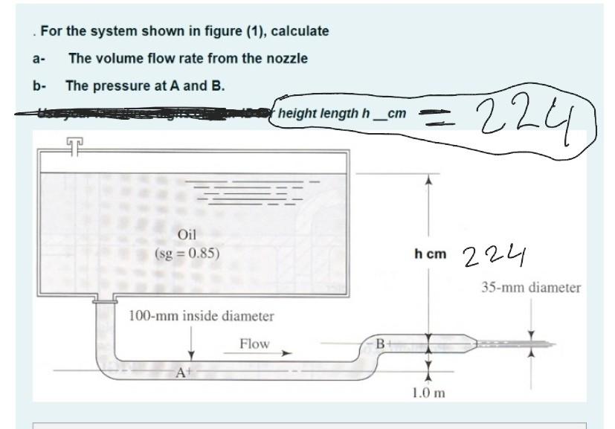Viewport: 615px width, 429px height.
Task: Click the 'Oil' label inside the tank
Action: [x=187, y=235]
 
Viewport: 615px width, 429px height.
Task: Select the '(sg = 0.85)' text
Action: [x=187, y=252]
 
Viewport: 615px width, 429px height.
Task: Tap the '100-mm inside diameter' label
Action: [x=202, y=316]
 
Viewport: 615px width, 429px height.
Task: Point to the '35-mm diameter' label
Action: [x=530, y=287]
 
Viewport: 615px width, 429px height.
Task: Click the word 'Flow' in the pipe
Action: [x=254, y=343]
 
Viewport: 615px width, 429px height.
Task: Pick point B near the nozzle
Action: [x=380, y=344]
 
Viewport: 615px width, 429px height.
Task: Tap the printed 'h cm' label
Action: [x=431, y=254]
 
